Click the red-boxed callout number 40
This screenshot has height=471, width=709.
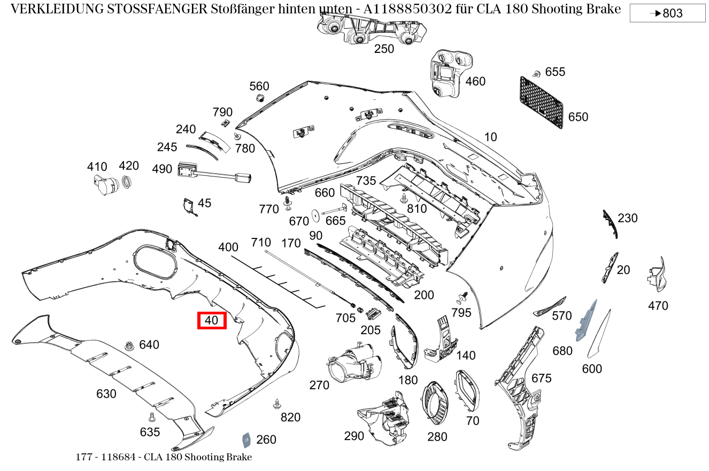212,320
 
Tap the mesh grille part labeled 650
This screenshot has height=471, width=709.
541,102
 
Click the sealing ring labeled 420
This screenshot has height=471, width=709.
128,182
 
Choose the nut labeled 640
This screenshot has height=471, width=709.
129,346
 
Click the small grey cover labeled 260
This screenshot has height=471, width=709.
247,439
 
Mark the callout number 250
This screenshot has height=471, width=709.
384,49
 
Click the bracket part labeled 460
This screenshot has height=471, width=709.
447,74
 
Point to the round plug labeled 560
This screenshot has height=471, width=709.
260,98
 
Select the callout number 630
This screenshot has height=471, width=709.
106,394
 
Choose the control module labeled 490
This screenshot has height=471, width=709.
189,170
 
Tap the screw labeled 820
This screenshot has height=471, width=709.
276,404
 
